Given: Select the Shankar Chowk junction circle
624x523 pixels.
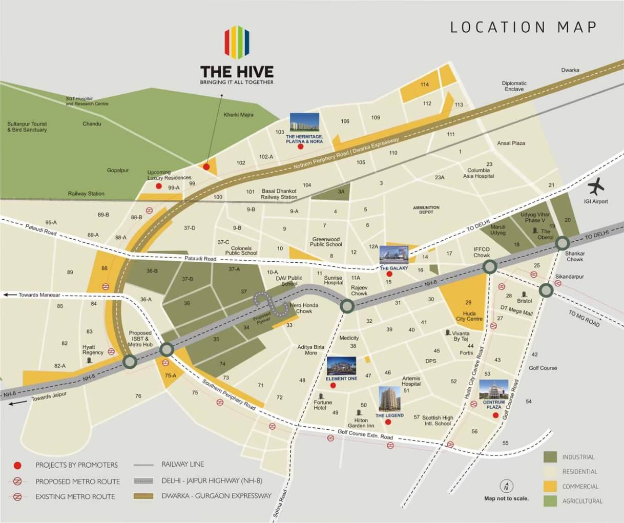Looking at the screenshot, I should (563, 243).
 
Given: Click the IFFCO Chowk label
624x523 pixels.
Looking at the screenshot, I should (482, 252).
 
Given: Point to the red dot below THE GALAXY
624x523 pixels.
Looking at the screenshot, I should (389, 275).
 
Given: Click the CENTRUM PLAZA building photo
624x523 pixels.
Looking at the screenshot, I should (494, 390).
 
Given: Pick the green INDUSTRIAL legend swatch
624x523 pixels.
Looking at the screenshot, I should (550, 457).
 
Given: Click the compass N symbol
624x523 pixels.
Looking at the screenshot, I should (506, 487).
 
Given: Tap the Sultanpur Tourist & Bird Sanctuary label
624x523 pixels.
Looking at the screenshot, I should (27, 127).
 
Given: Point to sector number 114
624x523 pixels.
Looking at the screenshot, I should (424, 85).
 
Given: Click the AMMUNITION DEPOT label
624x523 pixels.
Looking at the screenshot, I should (426, 210).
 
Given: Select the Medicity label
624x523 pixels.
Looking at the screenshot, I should (349, 338).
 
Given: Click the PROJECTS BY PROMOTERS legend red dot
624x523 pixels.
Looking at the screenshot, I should (17, 465).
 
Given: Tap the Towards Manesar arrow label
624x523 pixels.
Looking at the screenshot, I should (34, 295).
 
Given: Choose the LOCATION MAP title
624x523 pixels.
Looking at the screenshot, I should (523, 27).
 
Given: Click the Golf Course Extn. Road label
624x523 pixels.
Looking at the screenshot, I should (365, 435).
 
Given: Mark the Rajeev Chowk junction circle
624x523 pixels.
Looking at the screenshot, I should (347, 306).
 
